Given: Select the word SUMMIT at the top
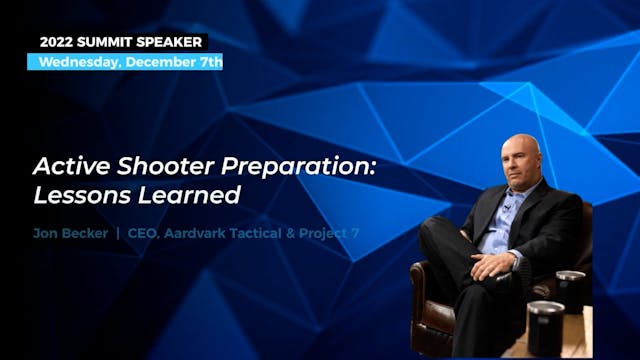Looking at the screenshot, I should point(112,42).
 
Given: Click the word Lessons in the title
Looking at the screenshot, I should point(79,194).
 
